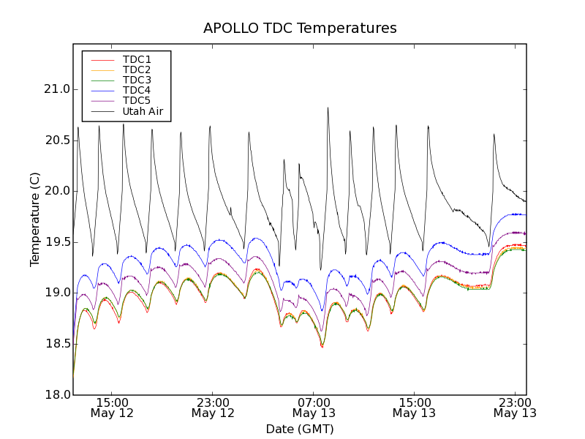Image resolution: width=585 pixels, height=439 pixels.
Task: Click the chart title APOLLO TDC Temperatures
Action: point(300,29)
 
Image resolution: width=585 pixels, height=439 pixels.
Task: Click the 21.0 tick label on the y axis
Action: point(56,89)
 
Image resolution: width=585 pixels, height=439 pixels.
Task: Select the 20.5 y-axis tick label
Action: point(56,140)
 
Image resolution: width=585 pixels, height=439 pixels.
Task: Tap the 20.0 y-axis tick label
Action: point(56,191)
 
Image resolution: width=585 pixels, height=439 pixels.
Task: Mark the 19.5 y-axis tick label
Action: point(56,242)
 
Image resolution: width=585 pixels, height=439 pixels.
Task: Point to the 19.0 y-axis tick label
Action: point(56,293)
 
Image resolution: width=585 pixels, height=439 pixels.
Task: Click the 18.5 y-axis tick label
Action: point(56,344)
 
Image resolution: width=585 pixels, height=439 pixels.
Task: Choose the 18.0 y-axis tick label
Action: point(56,395)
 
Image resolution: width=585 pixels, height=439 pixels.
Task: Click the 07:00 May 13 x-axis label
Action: point(314,408)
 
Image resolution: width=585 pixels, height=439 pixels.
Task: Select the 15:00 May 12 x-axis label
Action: point(113,408)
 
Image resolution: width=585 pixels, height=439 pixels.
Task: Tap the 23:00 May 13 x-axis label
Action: point(515,408)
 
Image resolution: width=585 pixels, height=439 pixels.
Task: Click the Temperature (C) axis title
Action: point(35,219)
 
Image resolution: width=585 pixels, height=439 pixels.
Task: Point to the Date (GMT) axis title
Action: point(300,429)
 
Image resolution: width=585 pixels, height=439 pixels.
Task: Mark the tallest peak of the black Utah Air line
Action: point(328,108)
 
